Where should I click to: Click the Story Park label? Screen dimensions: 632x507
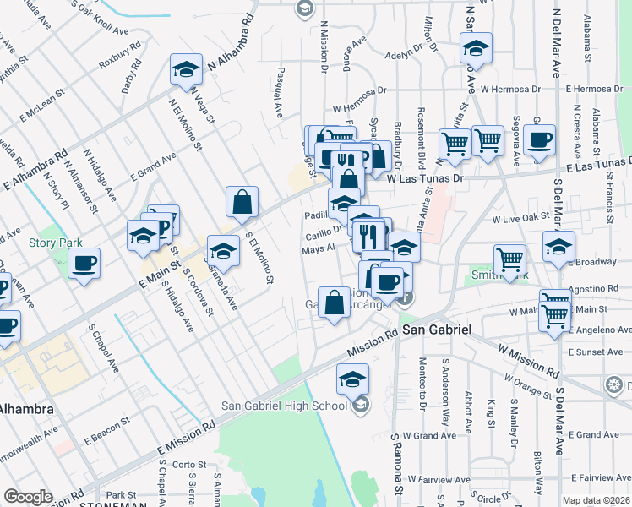[x=56, y=243]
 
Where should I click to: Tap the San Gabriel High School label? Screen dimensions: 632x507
[x=284, y=405]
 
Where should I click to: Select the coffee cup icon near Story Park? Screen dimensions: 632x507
[x=84, y=264]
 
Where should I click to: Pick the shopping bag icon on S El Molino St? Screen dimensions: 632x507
[x=242, y=203]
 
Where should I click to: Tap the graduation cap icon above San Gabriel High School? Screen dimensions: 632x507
[x=352, y=380]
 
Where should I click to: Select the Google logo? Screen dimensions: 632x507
[x=28, y=497]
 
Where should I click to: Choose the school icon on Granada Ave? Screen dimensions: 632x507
[x=223, y=251]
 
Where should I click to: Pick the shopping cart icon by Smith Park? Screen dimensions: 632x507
[x=510, y=261]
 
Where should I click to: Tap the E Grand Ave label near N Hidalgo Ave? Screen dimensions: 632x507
[x=154, y=166]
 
